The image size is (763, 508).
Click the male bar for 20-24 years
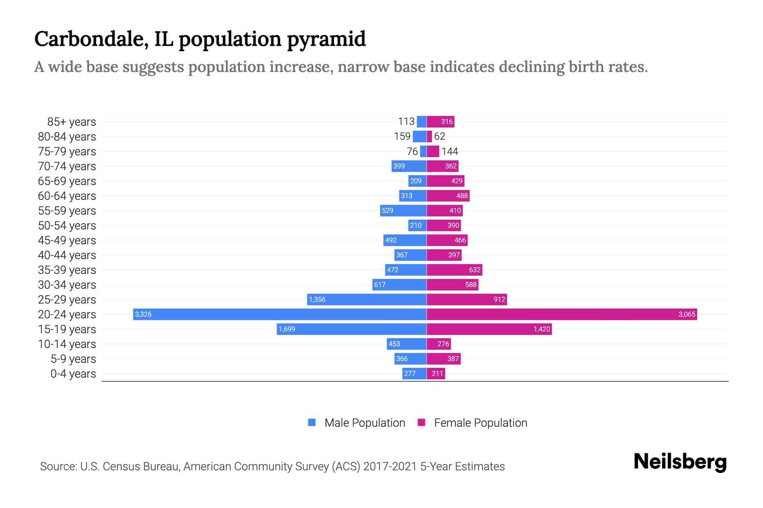280,314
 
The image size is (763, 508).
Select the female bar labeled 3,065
562,314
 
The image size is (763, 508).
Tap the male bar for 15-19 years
352,329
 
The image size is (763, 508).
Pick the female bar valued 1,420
489,329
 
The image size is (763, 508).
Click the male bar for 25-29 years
367,299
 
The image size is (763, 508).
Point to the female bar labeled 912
467,299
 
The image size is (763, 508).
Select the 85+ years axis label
72,122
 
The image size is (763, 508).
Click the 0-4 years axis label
73,374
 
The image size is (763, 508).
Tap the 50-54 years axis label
67,226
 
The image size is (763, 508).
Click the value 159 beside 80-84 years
402,136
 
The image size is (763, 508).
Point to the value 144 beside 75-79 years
450,152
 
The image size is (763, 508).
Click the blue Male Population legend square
312,422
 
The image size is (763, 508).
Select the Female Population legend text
480,423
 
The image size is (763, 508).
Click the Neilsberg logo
680,462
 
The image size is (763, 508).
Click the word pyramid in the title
326,39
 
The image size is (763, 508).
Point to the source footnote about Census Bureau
272,467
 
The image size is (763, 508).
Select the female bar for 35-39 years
454,270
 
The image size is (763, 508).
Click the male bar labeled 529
403,210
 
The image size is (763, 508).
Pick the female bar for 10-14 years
439,344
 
